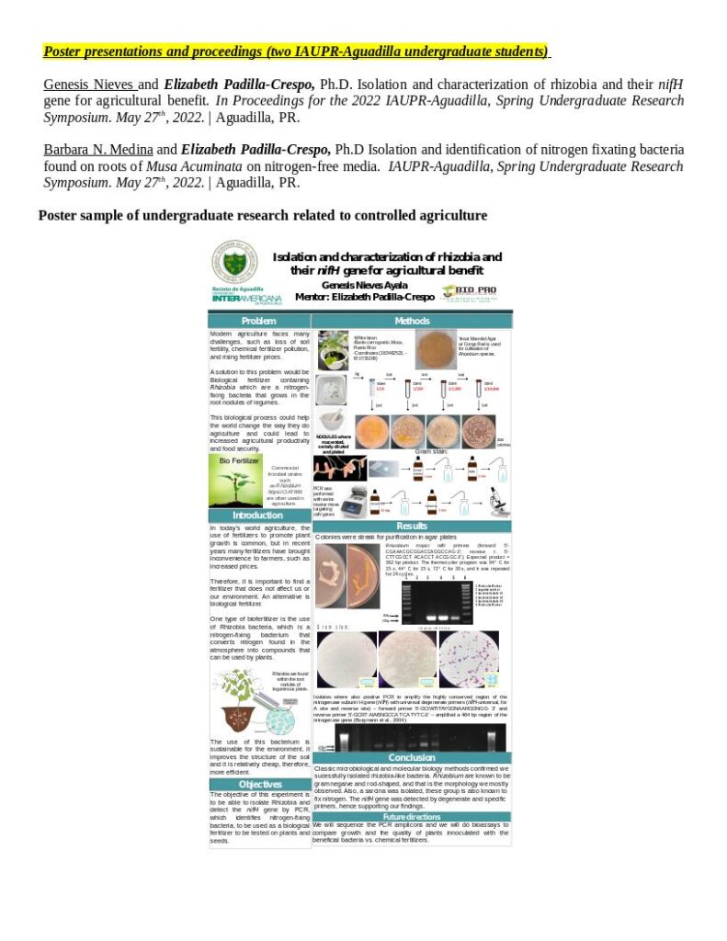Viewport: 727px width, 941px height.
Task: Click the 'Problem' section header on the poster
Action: [x=258, y=321]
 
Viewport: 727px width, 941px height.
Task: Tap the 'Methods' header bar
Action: [x=412, y=321]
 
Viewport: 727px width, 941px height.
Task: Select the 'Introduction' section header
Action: [x=258, y=516]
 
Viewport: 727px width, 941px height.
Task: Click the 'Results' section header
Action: [x=412, y=525]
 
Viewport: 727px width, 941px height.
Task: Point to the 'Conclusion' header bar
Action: [x=412, y=757]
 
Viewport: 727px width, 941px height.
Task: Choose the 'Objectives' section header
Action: [x=260, y=784]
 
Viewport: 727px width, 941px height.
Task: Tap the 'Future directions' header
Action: [x=412, y=816]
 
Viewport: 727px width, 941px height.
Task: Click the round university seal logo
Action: [x=234, y=262]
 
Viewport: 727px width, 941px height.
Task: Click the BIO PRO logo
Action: [x=468, y=291]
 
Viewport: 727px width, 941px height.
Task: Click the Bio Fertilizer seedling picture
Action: [x=234, y=481]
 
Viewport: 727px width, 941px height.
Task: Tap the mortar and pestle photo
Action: [x=331, y=390]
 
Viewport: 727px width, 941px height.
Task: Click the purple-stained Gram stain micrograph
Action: [x=468, y=658]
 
